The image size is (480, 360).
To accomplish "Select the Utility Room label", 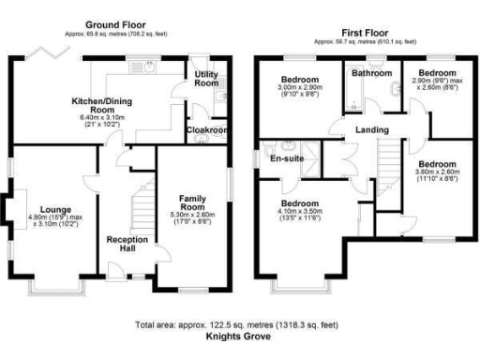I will pyautogui.click(x=207, y=78).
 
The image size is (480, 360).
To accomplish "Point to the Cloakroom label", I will pyautogui.click(x=206, y=130).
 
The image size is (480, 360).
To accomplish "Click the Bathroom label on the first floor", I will pyautogui.click(x=371, y=72).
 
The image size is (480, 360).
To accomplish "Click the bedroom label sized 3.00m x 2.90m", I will pyautogui.click(x=300, y=79).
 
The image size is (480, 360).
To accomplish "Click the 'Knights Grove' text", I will pyautogui.click(x=240, y=335).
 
